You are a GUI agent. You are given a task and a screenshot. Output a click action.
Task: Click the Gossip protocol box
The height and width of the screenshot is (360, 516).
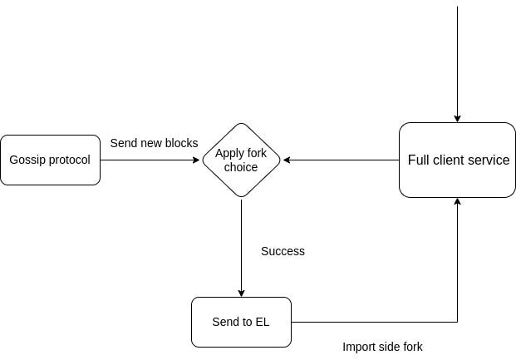[x=50, y=160]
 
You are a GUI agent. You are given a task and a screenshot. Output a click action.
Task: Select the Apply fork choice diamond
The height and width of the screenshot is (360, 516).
[x=241, y=160]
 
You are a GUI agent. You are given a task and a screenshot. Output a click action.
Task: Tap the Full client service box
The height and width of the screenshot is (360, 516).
[x=457, y=160]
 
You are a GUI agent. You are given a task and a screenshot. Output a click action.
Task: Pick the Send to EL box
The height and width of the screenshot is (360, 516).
[x=241, y=322]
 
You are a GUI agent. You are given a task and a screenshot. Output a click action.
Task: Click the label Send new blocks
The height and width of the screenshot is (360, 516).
[x=154, y=143]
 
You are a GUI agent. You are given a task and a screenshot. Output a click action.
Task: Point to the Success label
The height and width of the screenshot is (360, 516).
[x=283, y=251]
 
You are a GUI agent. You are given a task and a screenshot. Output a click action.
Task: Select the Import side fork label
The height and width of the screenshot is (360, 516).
[x=382, y=347]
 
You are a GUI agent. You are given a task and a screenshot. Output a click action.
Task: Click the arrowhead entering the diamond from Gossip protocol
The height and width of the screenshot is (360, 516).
[x=198, y=160]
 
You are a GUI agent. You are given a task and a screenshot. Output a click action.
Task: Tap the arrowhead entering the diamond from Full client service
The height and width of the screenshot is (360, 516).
[x=286, y=160]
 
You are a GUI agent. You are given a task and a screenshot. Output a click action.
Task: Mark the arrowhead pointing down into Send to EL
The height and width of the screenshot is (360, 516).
[x=241, y=293]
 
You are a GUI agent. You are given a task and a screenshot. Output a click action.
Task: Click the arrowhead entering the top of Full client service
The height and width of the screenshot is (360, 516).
[x=457, y=119]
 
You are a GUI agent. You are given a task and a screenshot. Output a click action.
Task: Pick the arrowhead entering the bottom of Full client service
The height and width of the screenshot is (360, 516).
[x=457, y=202]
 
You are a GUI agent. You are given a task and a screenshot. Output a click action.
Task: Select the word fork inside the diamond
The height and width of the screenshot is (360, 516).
[x=258, y=153]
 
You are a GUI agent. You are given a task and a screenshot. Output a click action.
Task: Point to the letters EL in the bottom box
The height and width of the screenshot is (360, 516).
[x=262, y=322]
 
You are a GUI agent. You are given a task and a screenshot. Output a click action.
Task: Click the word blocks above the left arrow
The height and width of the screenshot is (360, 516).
[x=182, y=143]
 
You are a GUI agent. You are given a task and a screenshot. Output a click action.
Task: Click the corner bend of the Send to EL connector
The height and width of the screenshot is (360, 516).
[x=457, y=322]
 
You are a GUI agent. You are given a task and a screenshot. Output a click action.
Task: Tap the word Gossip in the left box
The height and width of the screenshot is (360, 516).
[x=27, y=160]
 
